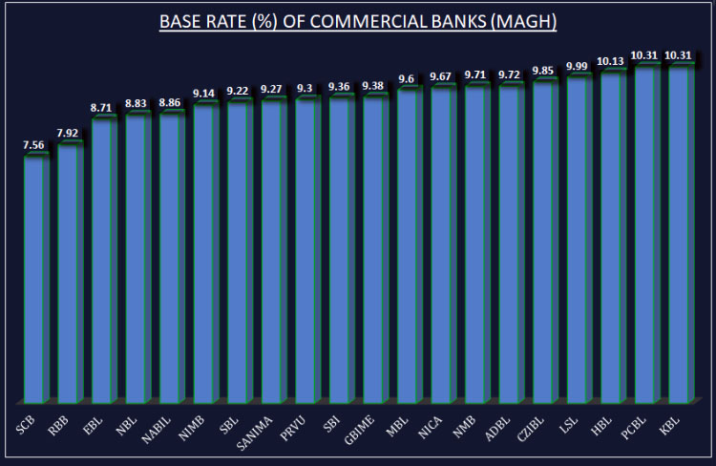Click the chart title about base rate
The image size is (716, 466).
tap(358, 20)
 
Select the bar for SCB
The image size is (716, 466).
tap(36, 277)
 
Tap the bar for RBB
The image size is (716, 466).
tap(70, 272)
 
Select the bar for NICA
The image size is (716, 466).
tap(443, 244)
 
